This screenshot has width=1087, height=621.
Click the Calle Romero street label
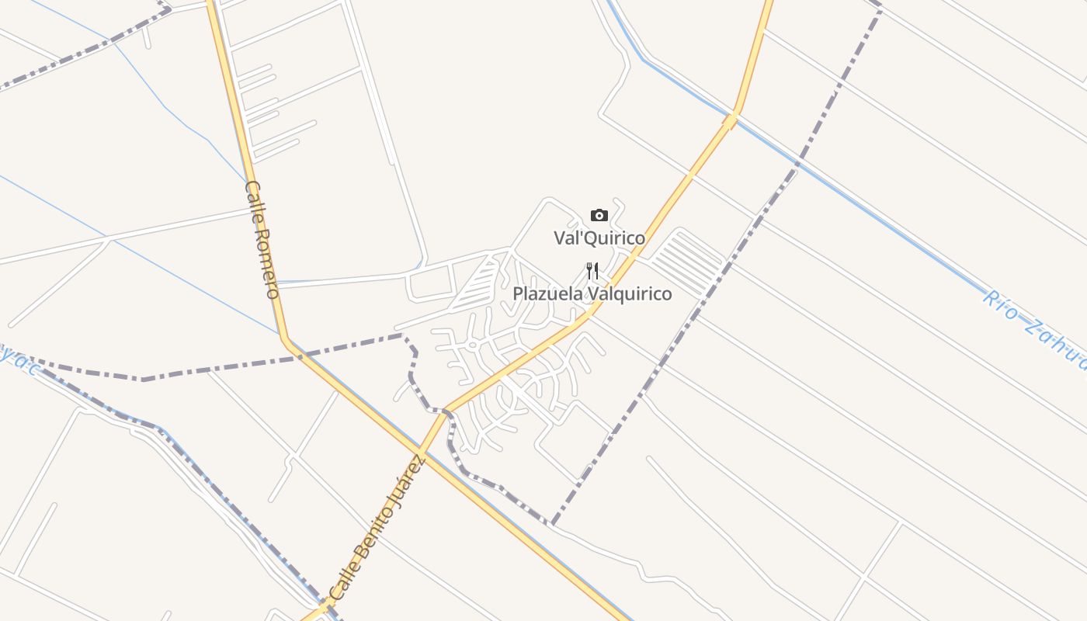[x=262, y=239]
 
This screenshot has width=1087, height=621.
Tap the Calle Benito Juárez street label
[x=377, y=529]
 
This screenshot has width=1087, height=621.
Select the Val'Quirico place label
[x=599, y=238]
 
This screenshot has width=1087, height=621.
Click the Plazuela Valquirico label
[x=592, y=294]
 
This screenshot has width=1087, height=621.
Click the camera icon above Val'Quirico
[x=599, y=215]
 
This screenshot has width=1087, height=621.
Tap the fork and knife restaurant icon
[x=592, y=270]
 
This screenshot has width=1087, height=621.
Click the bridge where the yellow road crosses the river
[x=731, y=119]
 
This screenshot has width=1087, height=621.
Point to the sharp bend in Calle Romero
[x=285, y=339]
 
